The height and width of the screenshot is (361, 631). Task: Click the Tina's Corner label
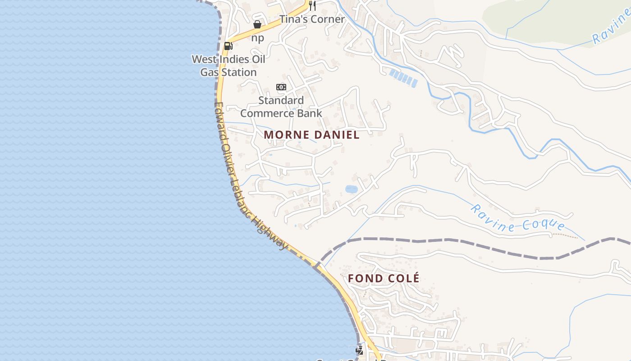(x=312, y=19)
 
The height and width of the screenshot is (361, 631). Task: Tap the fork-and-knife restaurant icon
(x=312, y=6)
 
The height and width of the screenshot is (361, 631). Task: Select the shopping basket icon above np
(x=257, y=24)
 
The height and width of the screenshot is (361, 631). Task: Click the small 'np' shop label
(x=257, y=38)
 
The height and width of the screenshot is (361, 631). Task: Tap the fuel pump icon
(x=228, y=46)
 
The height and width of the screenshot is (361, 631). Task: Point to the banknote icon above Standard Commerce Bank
(x=281, y=87)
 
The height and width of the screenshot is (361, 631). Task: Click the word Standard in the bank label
(x=281, y=100)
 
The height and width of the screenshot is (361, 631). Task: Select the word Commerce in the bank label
(x=265, y=113)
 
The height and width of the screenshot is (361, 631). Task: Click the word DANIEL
(x=338, y=134)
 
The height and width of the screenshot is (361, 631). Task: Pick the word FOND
(x=365, y=278)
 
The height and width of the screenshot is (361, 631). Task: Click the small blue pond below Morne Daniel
(x=351, y=189)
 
